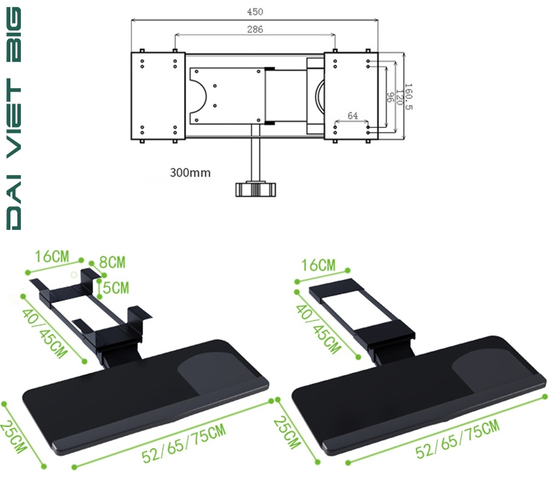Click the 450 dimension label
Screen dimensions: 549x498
click(x=255, y=12)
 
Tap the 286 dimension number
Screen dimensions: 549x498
click(x=255, y=29)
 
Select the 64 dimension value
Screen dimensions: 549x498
click(x=352, y=115)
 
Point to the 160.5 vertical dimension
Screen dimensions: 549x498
click(x=408, y=97)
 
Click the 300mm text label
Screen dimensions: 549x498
click(x=190, y=172)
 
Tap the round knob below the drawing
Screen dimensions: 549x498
click(x=256, y=189)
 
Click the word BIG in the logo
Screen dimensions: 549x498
click(x=14, y=34)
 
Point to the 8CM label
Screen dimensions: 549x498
click(x=112, y=262)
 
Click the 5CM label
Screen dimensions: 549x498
click(x=116, y=288)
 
